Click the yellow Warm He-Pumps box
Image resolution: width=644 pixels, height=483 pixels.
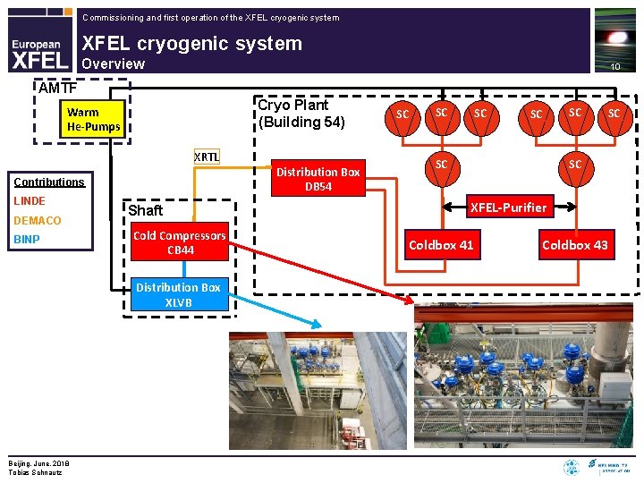(x=94, y=119)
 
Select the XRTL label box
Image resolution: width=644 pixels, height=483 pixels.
(x=207, y=157)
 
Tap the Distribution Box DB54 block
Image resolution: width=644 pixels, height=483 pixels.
(x=318, y=179)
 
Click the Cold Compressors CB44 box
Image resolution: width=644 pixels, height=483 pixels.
(x=179, y=242)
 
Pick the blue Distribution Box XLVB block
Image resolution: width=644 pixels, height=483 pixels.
(x=179, y=294)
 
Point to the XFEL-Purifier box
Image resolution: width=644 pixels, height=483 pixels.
(x=509, y=208)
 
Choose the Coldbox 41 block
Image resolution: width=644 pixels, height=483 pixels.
(x=441, y=245)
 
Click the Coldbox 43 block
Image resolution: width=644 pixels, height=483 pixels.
(x=575, y=245)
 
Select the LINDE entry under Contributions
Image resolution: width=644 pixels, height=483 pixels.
(x=30, y=200)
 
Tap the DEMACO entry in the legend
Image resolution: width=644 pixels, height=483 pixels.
(x=38, y=220)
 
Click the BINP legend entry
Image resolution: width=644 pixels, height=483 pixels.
(x=27, y=239)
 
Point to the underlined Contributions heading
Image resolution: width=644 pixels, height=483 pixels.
(x=49, y=182)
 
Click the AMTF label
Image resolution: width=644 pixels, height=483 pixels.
(x=57, y=88)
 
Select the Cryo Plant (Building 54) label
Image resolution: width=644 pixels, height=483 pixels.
(x=301, y=114)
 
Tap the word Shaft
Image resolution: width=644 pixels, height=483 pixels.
(x=145, y=210)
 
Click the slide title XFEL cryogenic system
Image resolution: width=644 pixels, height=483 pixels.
(x=191, y=43)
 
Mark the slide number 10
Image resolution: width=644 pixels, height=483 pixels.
(x=614, y=67)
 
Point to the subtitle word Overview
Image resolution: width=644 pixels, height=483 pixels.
(x=113, y=64)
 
